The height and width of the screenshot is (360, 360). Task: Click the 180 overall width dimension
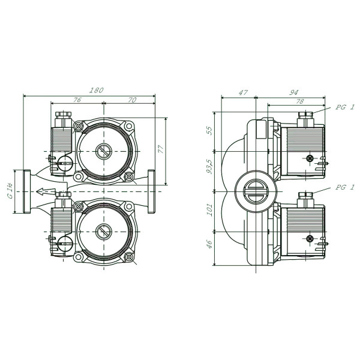pos(96,90)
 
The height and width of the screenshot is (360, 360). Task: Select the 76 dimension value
pos(77,100)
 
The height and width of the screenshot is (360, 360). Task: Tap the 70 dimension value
pos(132,100)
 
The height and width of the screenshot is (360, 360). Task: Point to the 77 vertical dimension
pos(161,149)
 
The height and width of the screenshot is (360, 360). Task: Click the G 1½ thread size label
pos(10,191)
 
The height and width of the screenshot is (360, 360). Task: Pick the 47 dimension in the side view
pos(243,92)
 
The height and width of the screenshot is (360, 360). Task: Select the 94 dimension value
pos(293,92)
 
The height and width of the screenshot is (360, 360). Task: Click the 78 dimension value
pos(300,101)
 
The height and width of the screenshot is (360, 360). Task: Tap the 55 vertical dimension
pos(209,130)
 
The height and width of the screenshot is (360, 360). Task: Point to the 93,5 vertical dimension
pos(209,167)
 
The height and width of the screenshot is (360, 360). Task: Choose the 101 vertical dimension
pos(209,209)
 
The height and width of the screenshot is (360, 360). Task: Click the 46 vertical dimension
pos(209,245)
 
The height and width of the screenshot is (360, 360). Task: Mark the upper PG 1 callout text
pos(345,107)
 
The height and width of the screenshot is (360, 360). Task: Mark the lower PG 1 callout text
pos(345,187)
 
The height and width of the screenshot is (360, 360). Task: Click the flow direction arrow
pos(46,191)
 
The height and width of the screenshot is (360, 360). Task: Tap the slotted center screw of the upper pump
pos(104,151)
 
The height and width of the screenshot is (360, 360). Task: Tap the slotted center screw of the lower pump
pos(104,232)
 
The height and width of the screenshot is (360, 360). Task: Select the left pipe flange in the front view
pos(27,191)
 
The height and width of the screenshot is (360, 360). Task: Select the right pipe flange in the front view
pos(151,191)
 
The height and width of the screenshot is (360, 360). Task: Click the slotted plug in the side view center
pos(256,191)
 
